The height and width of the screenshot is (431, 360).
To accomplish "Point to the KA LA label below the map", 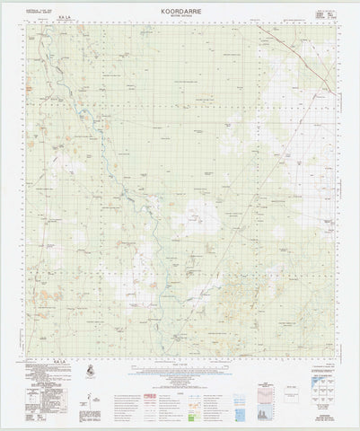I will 60,360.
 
